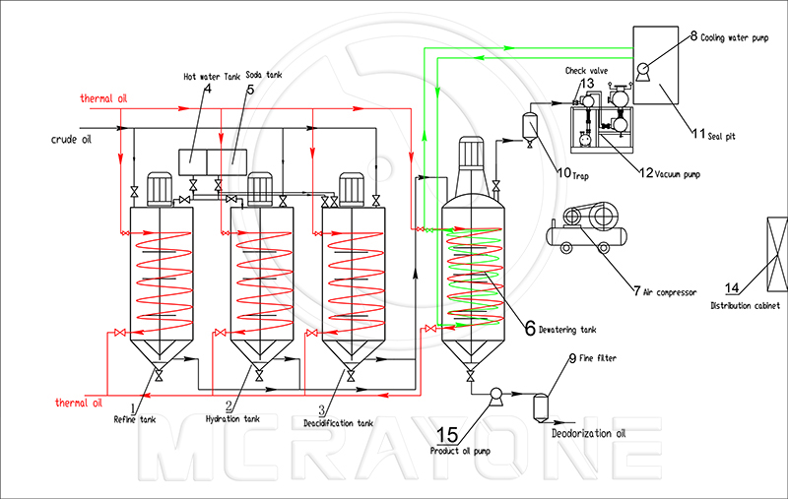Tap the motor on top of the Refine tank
click(x=160, y=189)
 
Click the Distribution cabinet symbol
click(x=777, y=254)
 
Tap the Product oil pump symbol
click(x=496, y=396)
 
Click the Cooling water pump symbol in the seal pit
click(x=642, y=71)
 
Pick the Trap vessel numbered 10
click(x=529, y=129)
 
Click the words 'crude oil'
click(x=71, y=140)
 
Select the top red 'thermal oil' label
click(x=103, y=98)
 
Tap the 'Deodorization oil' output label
click(x=588, y=433)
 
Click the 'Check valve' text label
click(x=586, y=71)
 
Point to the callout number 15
click(x=447, y=435)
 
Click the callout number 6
click(x=530, y=329)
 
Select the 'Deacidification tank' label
click(x=338, y=423)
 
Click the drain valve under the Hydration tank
click(x=259, y=375)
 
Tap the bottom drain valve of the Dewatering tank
click(x=471, y=376)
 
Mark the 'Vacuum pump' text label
click(x=677, y=174)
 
